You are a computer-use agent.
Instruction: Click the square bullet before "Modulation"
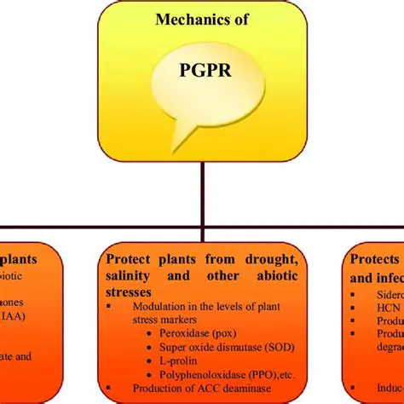point(109,308)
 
